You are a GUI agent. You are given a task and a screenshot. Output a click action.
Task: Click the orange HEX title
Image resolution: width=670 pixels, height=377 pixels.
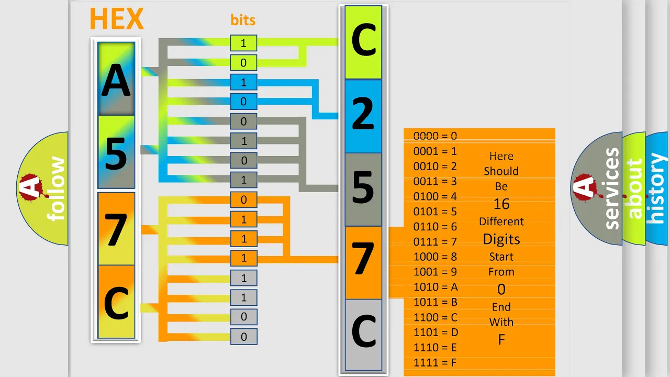click(117, 18)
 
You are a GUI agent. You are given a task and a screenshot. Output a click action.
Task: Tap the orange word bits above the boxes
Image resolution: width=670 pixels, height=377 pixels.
click(243, 20)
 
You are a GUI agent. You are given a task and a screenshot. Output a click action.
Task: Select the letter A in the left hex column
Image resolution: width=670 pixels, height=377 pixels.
click(116, 80)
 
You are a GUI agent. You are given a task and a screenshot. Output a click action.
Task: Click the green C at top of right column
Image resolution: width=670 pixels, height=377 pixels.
click(363, 42)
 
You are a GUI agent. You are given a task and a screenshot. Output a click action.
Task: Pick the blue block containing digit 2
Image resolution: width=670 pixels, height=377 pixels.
click(363, 116)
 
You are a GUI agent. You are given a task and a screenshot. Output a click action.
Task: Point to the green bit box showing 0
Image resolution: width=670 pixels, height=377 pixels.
click(243, 63)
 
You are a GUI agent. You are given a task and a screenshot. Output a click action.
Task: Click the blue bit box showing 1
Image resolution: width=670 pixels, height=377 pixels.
click(243, 82)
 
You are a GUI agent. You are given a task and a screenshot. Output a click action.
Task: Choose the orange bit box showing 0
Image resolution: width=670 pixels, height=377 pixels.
click(243, 199)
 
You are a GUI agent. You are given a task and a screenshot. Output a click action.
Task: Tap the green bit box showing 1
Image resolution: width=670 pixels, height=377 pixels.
click(243, 43)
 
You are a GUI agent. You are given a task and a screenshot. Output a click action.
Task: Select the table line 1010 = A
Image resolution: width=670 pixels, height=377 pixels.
click(435, 287)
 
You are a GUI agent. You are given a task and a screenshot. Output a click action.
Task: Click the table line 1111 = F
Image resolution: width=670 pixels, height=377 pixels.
click(435, 363)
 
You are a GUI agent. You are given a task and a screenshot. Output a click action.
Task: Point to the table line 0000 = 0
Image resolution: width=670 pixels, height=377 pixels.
click(435, 136)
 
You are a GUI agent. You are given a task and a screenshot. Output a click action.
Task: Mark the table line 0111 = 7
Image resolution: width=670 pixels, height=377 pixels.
click(435, 242)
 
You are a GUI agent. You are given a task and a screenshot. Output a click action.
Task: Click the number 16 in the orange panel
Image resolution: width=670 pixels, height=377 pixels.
click(501, 204)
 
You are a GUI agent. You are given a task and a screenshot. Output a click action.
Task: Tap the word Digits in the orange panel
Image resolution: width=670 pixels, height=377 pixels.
click(501, 239)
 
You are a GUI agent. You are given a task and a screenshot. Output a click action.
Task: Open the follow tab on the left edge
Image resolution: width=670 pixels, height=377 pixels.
click(42, 188)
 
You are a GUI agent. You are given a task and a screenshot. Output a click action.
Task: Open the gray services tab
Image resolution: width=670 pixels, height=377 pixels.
click(597, 188)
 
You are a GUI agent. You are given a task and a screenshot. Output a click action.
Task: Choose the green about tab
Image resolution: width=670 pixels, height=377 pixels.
click(634, 188)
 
